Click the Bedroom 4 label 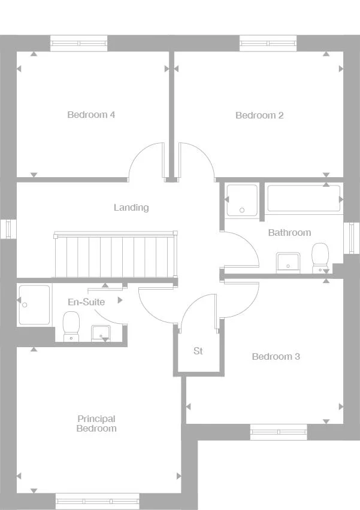(91, 115)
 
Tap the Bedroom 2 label (259, 116)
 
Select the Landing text (131, 208)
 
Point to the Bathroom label (289, 232)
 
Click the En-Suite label (86, 302)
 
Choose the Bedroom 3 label (276, 357)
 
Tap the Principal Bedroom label (96, 424)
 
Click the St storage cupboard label (198, 351)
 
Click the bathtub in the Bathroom (304, 198)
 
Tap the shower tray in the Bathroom (242, 199)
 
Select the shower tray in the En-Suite (34, 305)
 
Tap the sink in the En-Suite (99, 332)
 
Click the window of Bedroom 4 (78, 43)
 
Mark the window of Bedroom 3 (278, 432)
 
